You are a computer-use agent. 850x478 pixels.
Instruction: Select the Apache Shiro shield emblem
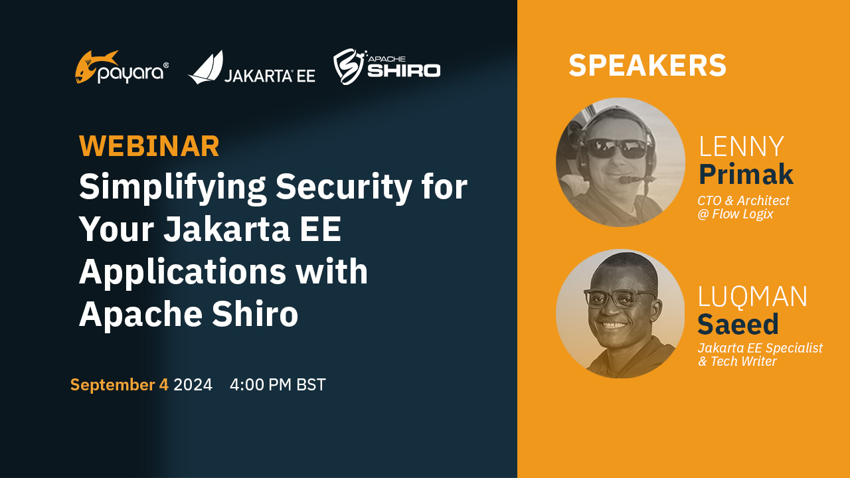pos(349,66)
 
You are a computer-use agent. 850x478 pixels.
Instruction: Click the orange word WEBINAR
pos(149,147)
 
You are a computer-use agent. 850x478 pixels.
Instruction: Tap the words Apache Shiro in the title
pos(189,314)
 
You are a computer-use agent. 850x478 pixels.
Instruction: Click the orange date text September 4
pos(120,385)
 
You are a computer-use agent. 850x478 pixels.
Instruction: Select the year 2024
pos(193,385)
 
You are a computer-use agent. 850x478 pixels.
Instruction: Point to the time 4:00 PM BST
pos(278,385)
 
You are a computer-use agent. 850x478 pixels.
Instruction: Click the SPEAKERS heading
pos(647,66)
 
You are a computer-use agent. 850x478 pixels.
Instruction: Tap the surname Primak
pos(746,174)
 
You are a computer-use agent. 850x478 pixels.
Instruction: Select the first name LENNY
pos(741,147)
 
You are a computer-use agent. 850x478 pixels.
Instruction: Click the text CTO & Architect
pos(743,200)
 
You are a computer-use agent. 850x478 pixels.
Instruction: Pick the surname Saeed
pos(738,324)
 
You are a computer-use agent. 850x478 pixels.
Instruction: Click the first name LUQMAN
pos(752,297)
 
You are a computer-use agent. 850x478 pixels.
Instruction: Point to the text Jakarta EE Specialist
pos(760,348)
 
